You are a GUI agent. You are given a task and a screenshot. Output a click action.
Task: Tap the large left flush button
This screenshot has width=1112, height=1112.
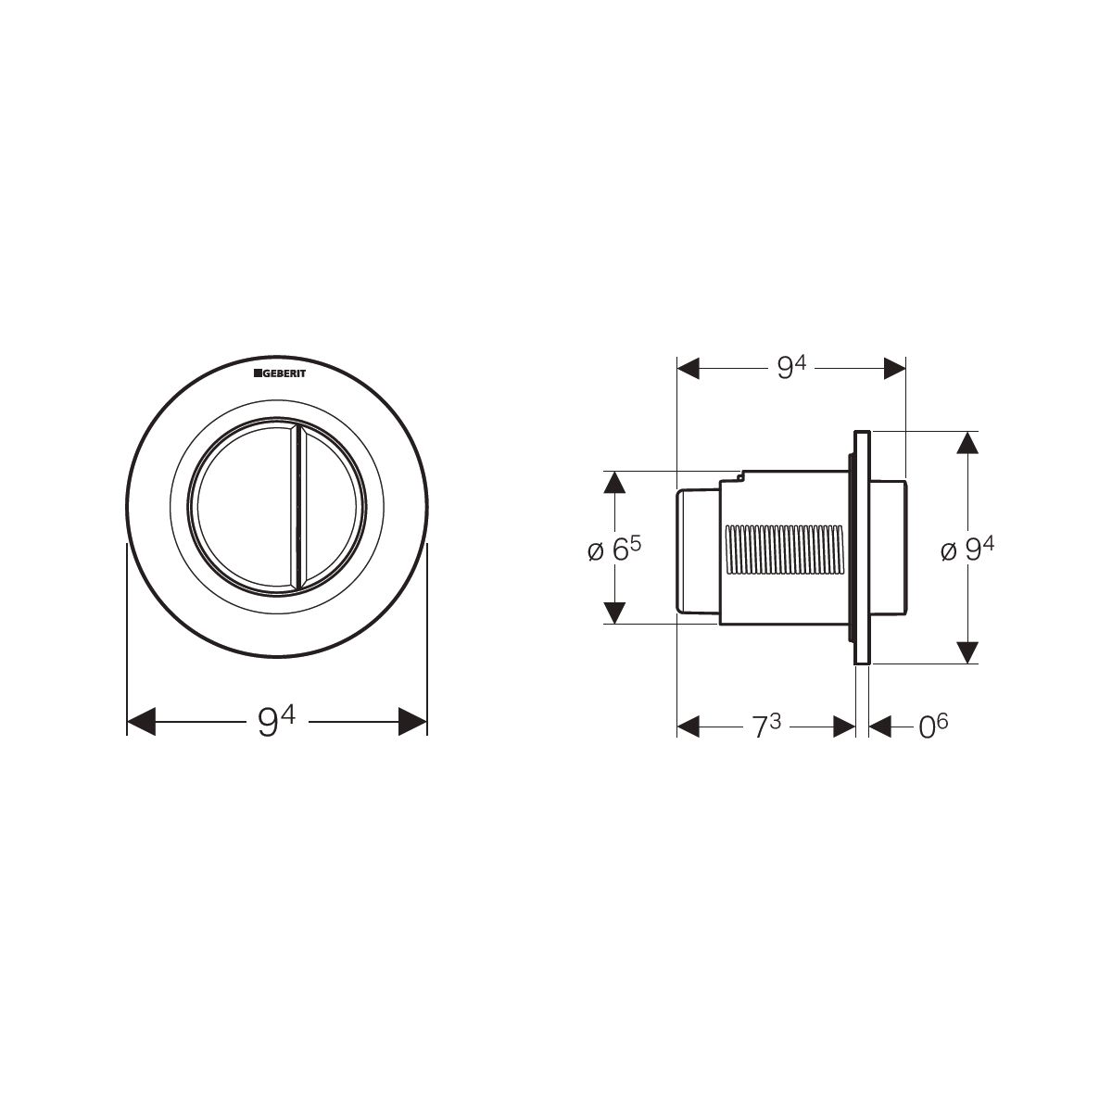point(246,507)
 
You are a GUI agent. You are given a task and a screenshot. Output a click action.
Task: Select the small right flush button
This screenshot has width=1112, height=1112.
point(331,507)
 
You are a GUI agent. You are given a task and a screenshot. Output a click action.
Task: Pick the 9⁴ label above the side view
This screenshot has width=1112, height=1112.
point(791,368)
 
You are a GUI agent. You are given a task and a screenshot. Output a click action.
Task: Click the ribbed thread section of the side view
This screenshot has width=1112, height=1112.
point(782,550)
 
